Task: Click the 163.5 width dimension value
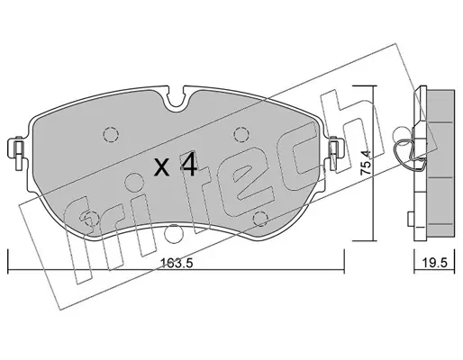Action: point(177,264)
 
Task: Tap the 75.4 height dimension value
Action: point(367,163)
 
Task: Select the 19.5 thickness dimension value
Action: point(434,263)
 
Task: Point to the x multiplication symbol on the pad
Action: point(161,167)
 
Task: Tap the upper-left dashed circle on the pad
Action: point(111,134)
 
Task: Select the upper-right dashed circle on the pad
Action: point(241,134)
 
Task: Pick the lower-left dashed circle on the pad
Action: point(91,219)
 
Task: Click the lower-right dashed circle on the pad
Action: point(260,219)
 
